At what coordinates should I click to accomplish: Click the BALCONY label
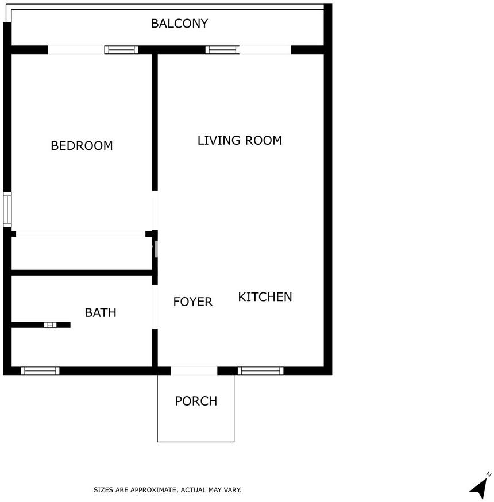(x=179, y=24)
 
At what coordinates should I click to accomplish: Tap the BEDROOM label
(x=82, y=146)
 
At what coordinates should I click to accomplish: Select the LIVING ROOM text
(x=240, y=140)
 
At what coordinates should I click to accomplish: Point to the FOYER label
(x=193, y=302)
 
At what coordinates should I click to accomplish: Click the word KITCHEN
(x=265, y=297)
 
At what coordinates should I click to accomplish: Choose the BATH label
(x=101, y=312)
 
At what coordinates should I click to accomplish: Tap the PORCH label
(x=196, y=401)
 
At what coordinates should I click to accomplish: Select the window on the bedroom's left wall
(x=7, y=210)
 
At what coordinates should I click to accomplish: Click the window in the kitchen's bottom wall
(x=261, y=370)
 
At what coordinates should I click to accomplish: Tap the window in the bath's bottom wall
(x=40, y=370)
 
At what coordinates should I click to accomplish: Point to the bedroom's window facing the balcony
(x=121, y=49)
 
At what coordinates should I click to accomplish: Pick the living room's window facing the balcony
(x=222, y=49)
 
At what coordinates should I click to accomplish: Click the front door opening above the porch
(x=194, y=370)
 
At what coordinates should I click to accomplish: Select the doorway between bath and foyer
(x=155, y=307)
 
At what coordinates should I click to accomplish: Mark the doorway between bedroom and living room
(x=155, y=210)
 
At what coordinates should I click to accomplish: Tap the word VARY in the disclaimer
(x=233, y=490)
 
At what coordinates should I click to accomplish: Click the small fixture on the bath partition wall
(x=51, y=325)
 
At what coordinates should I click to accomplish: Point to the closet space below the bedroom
(x=82, y=253)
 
